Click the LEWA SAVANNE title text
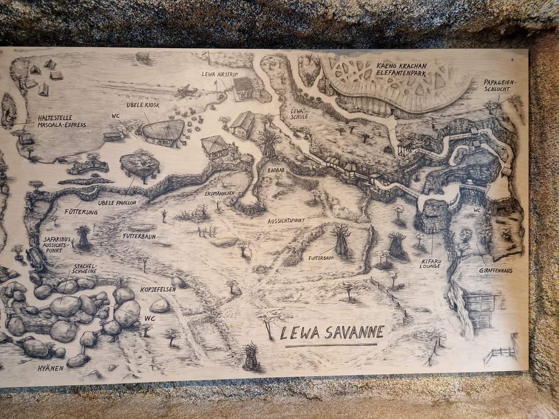[332, 332]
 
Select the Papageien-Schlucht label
[500, 85]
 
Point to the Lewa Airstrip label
[220, 74]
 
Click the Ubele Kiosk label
[143, 105]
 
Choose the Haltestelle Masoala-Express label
[62, 121]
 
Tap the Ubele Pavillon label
[116, 203]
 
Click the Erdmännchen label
[219, 193]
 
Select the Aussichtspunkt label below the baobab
[286, 220]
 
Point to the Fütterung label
[81, 212]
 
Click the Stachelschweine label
[84, 269]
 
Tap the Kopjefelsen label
[158, 289]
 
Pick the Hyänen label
[50, 368]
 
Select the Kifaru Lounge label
[430, 264]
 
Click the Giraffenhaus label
[495, 270]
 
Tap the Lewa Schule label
[300, 114]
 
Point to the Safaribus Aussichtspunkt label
[57, 245]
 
